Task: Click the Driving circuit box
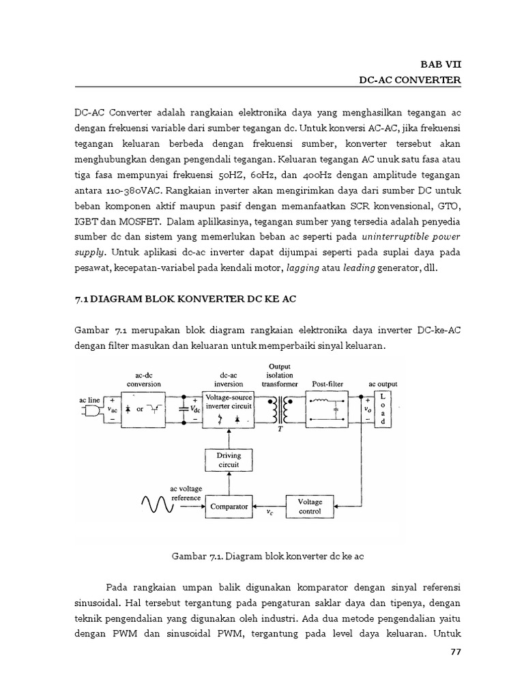pos(229,460)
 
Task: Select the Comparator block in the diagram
pos(230,507)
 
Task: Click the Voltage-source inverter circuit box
pos(230,408)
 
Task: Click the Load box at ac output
pos(383,408)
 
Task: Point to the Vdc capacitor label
pos(195,410)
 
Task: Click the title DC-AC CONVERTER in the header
pos(410,81)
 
